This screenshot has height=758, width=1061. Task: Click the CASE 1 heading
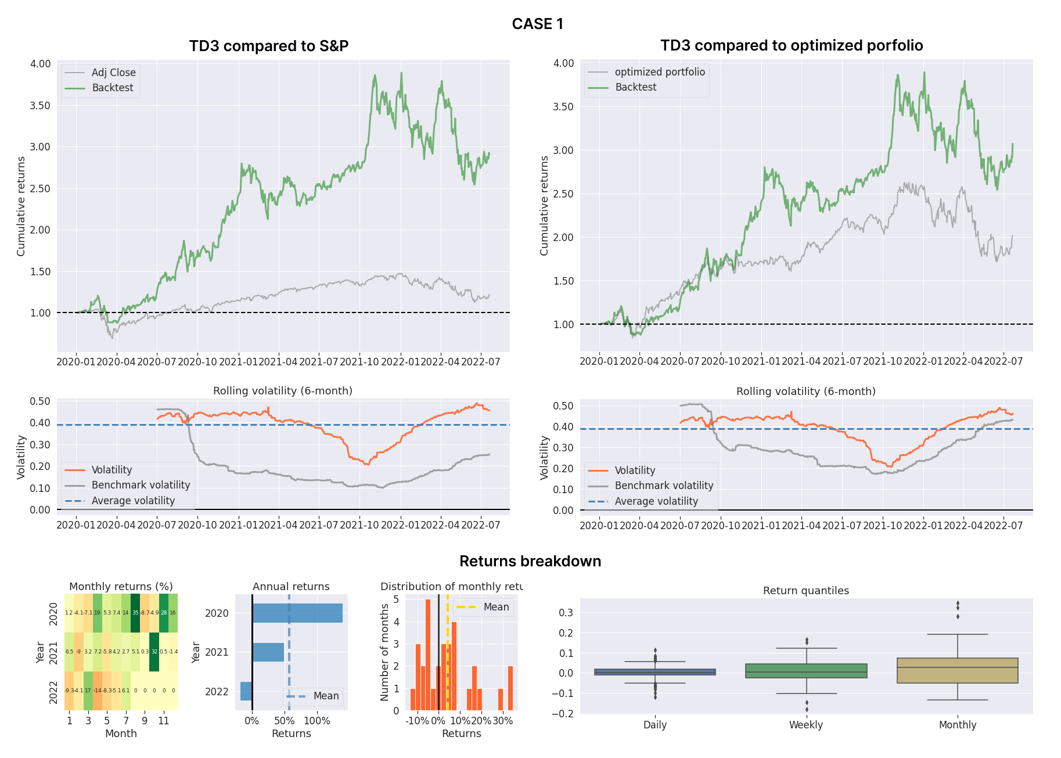click(x=537, y=24)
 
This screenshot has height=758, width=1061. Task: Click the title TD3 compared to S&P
click(x=268, y=46)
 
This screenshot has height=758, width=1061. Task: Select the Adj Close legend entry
click(x=113, y=73)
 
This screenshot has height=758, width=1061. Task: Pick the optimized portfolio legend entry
click(x=660, y=72)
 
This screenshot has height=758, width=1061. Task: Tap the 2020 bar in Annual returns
click(x=297, y=613)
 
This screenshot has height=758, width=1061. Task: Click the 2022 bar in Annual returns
click(x=246, y=691)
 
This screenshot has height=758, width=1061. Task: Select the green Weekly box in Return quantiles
click(x=806, y=671)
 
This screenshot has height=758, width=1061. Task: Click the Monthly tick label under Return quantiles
click(x=957, y=725)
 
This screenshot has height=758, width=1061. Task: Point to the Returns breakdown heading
click(x=530, y=561)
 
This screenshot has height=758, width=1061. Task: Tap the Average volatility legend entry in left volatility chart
click(x=133, y=501)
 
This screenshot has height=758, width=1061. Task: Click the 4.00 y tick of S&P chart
click(x=40, y=64)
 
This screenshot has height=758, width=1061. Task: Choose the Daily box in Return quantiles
click(x=655, y=672)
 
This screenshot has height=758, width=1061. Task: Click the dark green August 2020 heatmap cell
click(x=135, y=613)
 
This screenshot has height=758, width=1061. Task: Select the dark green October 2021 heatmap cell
click(x=154, y=652)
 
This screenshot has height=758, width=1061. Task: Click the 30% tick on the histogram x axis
click(x=502, y=721)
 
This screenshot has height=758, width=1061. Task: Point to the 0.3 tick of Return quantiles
click(x=566, y=613)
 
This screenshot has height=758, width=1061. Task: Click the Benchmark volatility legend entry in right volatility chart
click(x=663, y=486)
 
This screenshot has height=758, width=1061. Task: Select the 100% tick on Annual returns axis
click(x=317, y=721)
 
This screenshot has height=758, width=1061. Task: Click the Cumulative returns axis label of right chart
click(x=544, y=206)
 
